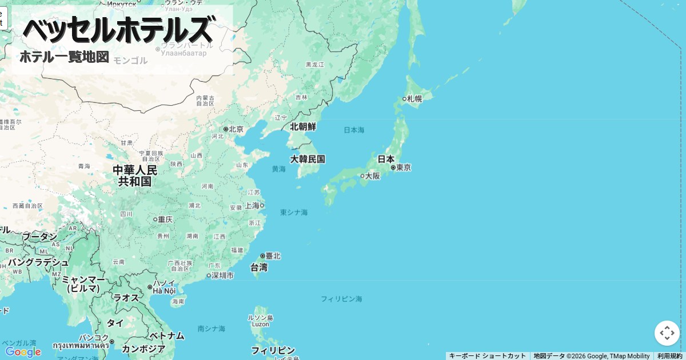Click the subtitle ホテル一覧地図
pos(64,57)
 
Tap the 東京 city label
pos(403,167)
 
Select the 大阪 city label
pos(372,175)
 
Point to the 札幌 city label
pos(414,99)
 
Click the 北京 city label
pos(236,129)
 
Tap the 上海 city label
pos(252,205)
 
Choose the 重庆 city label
pos(165,219)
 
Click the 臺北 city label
pos(273,255)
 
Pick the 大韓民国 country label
pos(308,159)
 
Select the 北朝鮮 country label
pos(303,126)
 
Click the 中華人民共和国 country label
pos(135,176)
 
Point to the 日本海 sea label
pos(354,130)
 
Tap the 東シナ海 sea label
pos(294,213)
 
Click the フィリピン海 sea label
pos(341,299)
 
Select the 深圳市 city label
pos(222,275)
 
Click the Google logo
pos(23,352)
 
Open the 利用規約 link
pos(669,356)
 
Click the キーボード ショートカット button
pos(487,356)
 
